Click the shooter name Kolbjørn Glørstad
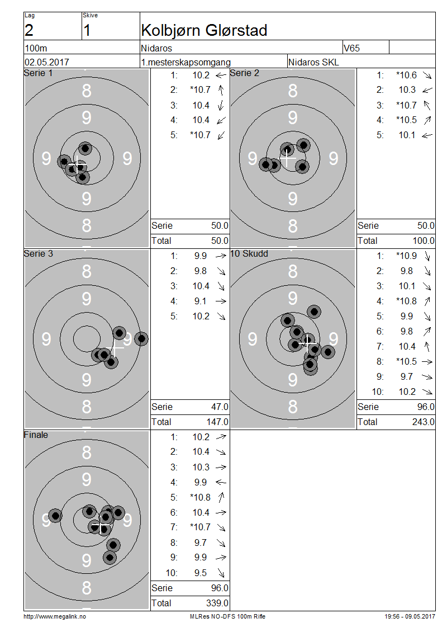tap(204, 30)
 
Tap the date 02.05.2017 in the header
tap(47, 62)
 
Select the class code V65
tap(353, 48)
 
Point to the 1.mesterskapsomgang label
tap(186, 62)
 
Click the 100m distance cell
tap(35, 48)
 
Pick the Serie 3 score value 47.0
tap(218, 407)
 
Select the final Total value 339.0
tap(217, 603)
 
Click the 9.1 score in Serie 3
tap(201, 301)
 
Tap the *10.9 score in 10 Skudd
tap(406, 256)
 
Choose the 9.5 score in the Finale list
tap(201, 573)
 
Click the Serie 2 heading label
tap(245, 73)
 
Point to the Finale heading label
tap(36, 435)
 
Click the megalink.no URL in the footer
tap(55, 616)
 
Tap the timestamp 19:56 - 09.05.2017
tap(410, 616)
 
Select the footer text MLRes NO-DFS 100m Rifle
tap(228, 616)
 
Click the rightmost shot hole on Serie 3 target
tap(141, 338)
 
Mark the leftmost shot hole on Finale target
tap(55, 516)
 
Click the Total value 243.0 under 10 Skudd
tap(423, 422)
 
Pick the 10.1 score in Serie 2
tap(407, 135)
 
